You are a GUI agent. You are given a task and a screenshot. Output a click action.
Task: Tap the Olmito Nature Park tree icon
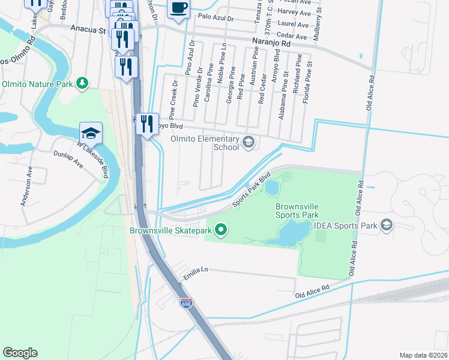82,83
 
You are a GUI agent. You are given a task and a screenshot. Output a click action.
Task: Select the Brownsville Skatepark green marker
221,230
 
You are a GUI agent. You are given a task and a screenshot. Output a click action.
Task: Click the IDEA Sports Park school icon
387,226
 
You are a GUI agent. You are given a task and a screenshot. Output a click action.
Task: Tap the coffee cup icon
178,8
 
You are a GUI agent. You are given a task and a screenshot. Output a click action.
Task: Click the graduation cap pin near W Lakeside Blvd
91,133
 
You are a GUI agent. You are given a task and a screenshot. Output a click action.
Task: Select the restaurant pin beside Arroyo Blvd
146,124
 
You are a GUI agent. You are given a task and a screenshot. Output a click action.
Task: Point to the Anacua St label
88,28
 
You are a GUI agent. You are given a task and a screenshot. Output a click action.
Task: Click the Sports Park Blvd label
249,190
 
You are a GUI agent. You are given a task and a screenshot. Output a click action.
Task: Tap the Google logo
20,353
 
